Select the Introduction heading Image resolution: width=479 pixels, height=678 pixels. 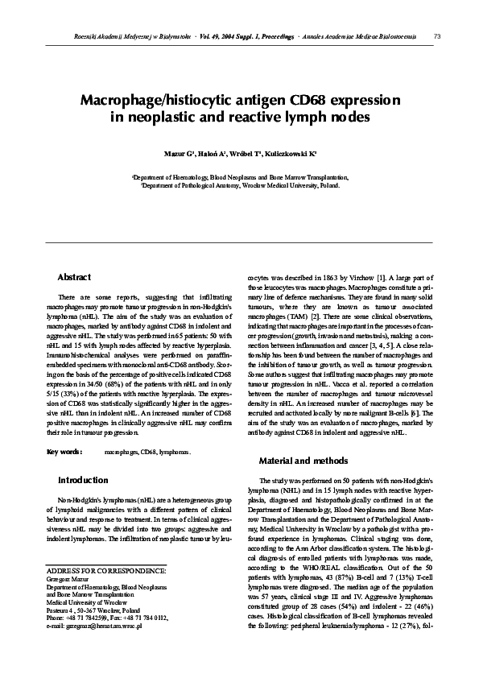click(x=83, y=480)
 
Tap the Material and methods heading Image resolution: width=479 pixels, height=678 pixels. click(x=304, y=461)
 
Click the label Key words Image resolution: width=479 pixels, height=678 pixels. click(x=65, y=453)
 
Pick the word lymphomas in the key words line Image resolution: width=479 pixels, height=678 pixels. click(x=177, y=453)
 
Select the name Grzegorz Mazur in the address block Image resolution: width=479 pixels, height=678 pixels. click(x=70, y=601)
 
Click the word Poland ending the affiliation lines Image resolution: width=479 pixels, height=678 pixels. click(x=328, y=184)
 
